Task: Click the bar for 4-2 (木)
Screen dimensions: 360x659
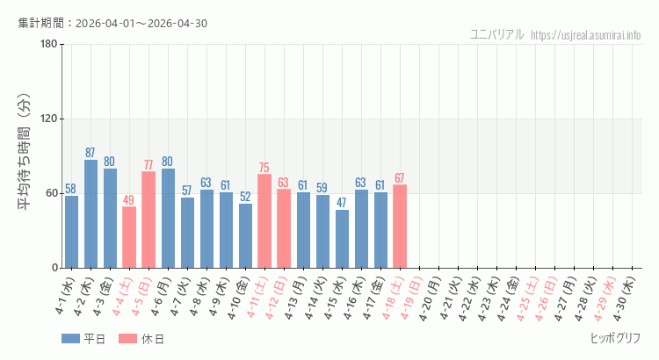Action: pos(91,213)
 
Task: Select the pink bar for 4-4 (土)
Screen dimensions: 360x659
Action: pos(129,237)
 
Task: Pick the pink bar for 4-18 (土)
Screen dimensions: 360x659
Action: pos(400,226)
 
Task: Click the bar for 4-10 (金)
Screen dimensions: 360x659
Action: pos(245,235)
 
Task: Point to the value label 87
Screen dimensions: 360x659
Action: pos(91,153)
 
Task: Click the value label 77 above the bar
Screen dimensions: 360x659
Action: pos(148,165)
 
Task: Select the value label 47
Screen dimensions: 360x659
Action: pos(342,203)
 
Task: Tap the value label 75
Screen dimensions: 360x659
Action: pos(264,168)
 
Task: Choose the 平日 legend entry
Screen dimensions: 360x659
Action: pos(83,339)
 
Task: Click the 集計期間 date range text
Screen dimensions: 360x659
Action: pos(112,23)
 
